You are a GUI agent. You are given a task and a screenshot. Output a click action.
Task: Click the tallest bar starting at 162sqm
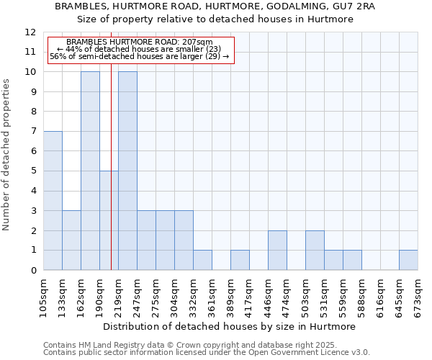(x=90, y=171)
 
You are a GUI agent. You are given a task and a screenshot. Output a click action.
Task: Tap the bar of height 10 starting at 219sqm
(x=127, y=171)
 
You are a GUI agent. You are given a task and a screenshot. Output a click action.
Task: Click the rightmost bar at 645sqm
(x=408, y=260)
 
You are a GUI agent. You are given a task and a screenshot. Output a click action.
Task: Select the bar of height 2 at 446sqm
(x=277, y=250)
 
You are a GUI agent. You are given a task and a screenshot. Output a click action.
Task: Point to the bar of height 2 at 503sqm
(x=315, y=250)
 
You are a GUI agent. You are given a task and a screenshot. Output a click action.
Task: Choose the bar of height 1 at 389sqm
(x=240, y=260)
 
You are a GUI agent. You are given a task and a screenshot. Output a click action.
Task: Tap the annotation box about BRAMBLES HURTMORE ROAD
(x=140, y=50)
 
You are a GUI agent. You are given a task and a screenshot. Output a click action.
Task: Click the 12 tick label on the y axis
(x=30, y=32)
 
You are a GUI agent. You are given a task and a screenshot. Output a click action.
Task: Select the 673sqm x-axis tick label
(x=418, y=297)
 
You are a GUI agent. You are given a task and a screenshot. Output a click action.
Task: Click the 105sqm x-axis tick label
(x=43, y=297)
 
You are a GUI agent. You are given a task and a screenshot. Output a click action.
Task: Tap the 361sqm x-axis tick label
(x=212, y=297)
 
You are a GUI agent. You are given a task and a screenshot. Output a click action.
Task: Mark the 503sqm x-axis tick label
(x=305, y=297)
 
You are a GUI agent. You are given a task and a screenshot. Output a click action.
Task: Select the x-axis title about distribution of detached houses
(x=229, y=326)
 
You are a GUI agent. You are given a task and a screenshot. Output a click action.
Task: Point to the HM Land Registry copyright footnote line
(x=189, y=345)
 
